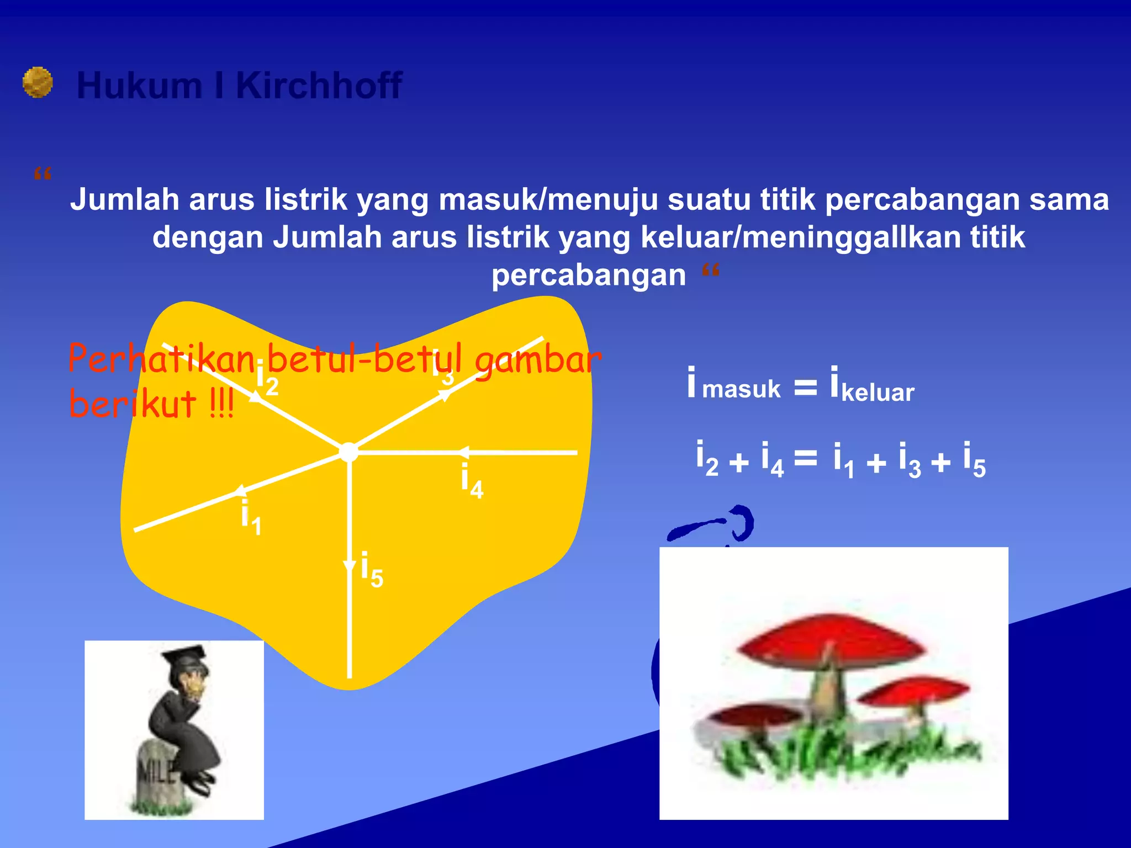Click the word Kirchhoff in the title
319,86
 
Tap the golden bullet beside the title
38,82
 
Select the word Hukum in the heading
140,86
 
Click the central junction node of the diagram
348,452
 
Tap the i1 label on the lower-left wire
251,516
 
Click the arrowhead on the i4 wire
463,452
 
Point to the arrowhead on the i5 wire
349,566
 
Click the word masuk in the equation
741,389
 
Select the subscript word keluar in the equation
878,393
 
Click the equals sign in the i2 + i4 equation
805,458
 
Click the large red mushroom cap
828,643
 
